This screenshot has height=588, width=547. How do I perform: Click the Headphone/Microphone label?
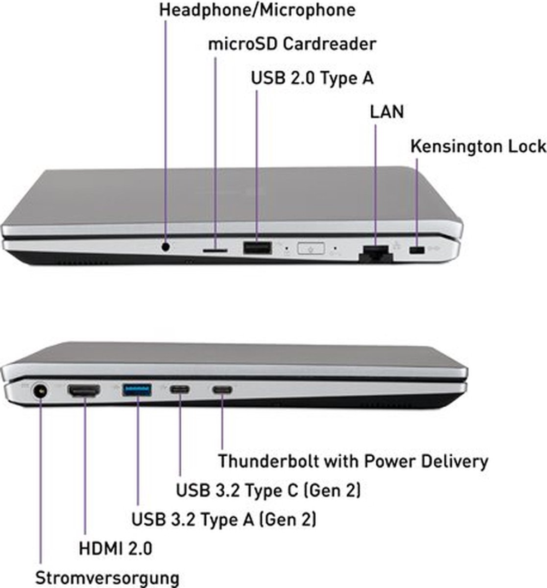[257, 10]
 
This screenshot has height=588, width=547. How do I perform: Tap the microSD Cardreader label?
[292, 44]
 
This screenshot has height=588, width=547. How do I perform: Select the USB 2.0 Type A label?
[312, 78]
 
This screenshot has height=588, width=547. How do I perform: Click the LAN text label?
[386, 112]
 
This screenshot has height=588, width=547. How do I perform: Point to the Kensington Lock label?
[478, 146]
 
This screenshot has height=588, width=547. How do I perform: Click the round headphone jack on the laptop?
[165, 247]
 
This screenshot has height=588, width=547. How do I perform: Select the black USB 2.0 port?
[257, 248]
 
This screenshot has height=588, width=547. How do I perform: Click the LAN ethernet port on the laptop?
[375, 253]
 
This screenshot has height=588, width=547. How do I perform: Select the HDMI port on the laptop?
[83, 390]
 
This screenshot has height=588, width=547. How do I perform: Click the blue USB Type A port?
[137, 389]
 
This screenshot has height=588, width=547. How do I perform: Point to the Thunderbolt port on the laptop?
[222, 390]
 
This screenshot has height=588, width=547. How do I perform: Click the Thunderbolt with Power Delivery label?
[353, 461]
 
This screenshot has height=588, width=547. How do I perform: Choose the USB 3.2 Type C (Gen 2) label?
[268, 490]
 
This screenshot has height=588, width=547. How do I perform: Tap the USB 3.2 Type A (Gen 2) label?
[224, 519]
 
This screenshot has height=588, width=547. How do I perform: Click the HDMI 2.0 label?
[115, 548]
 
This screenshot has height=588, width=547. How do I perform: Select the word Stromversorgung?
[107, 577]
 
